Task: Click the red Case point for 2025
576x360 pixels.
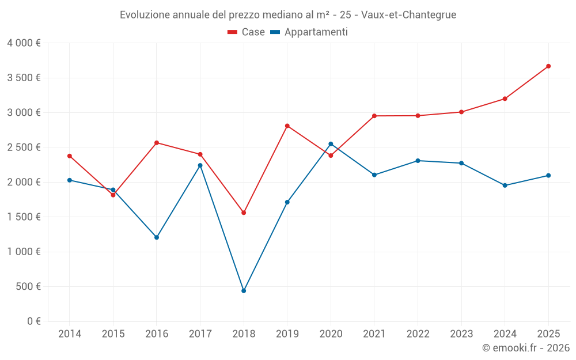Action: tap(548, 66)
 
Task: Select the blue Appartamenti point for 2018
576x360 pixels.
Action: tap(244, 290)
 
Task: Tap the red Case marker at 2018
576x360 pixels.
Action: tap(244, 213)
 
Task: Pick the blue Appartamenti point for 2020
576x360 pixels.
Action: tap(331, 144)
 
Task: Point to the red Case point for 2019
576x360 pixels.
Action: tap(287, 126)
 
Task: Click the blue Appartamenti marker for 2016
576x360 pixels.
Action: tap(157, 237)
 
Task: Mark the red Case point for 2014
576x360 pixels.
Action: tap(70, 156)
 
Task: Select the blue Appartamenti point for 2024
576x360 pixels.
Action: tap(505, 185)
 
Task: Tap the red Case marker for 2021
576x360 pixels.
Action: tap(374, 116)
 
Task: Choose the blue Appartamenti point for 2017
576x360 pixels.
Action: tap(200, 165)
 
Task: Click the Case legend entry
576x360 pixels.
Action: tap(246, 32)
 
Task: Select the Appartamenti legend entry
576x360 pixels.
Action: tap(309, 32)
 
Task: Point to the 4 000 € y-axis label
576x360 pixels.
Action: tap(24, 43)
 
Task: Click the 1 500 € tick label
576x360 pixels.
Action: tap(24, 217)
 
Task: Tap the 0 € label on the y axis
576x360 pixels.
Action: tap(34, 321)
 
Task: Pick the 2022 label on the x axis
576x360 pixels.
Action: tap(418, 334)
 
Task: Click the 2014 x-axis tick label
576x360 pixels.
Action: tap(70, 334)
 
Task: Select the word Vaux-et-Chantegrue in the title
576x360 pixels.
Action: tap(408, 15)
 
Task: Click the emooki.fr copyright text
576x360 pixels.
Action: tap(526, 347)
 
